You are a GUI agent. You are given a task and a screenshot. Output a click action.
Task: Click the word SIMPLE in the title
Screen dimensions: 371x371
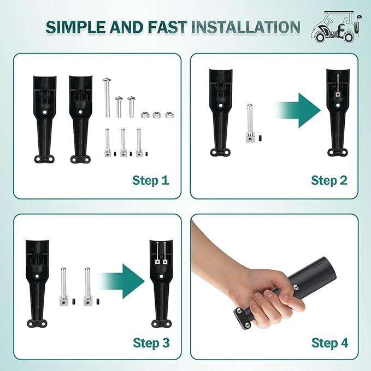(76, 27)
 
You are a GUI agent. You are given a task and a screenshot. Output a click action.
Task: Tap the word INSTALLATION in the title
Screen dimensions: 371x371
(245, 27)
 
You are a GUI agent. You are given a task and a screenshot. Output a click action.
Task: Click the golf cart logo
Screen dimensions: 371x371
(335, 27)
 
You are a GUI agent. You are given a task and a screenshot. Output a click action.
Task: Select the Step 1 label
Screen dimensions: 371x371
(151, 180)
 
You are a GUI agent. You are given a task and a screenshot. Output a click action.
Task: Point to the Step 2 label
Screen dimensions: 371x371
(329, 180)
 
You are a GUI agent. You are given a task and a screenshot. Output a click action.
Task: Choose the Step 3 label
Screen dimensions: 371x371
(151, 343)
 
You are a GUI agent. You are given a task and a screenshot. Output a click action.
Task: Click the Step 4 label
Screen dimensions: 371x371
(329, 343)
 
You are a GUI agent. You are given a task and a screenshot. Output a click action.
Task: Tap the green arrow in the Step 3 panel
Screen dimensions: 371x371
(122, 281)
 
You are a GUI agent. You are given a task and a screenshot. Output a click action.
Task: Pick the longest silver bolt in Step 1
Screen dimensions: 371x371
(107, 97)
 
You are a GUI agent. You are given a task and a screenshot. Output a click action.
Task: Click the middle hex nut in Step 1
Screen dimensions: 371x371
(156, 115)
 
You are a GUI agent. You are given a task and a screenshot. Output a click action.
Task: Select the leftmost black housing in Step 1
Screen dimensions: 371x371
(45, 119)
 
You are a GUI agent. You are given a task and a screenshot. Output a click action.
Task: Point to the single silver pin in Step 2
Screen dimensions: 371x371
(250, 123)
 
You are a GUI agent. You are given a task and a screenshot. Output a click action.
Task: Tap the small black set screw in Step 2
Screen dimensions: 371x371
(260, 138)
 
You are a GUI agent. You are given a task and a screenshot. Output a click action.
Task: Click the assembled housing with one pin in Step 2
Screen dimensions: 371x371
(338, 113)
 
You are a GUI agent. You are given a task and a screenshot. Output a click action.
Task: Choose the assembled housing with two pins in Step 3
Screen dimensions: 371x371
(161, 284)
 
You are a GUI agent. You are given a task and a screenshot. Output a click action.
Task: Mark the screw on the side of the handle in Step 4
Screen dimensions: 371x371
(296, 287)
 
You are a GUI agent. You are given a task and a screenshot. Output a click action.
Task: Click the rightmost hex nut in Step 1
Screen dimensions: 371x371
(169, 115)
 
